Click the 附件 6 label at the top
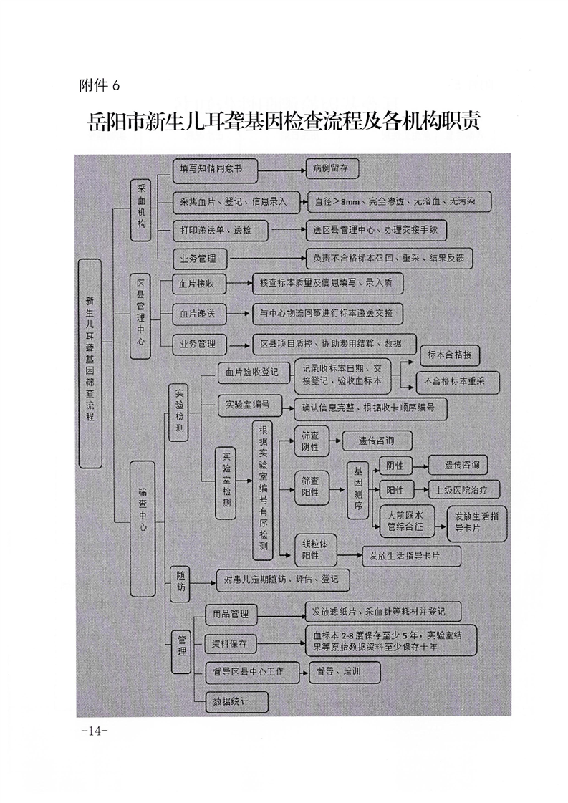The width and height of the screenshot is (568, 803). pos(99,85)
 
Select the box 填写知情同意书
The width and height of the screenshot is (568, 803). pos(215,170)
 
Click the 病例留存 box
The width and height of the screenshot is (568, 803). pos(332,168)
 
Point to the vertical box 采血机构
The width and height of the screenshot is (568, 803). pos(141,210)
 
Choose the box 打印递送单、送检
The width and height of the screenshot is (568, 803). pos(220,231)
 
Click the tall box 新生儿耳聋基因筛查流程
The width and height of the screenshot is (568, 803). pos(90,363)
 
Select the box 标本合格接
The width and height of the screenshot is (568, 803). pos(450,355)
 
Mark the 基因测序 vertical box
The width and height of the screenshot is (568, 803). pos(358,491)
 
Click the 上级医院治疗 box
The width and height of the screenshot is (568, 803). pos(463,490)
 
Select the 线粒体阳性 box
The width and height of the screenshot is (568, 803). pos(312,549)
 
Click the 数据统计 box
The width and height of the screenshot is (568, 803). pos(237,701)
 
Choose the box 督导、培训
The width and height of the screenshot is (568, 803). pos(345,672)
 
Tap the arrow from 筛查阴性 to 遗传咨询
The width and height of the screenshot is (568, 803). pos(335,441)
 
